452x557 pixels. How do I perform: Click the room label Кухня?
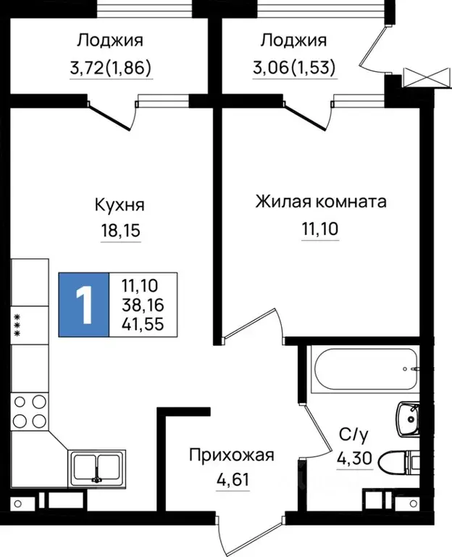point(120,205)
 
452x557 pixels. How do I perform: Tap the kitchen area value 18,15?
point(120,231)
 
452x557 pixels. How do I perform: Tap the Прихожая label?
point(232,455)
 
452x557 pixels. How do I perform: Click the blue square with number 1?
point(84,305)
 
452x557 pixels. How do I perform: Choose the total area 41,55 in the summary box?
point(143,323)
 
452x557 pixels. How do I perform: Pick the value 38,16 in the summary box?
point(143,305)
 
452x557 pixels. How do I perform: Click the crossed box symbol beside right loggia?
point(418,76)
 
